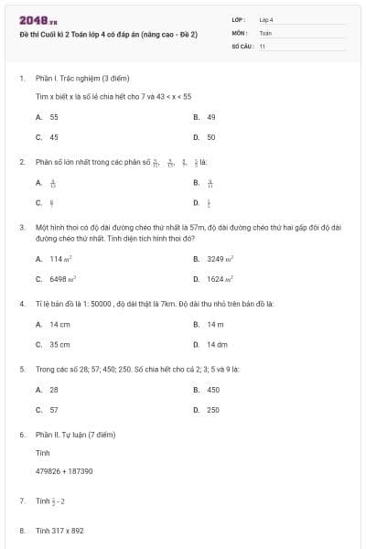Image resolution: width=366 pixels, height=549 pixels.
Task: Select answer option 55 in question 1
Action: click(x=54, y=117)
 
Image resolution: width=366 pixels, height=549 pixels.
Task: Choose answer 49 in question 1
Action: click(x=210, y=117)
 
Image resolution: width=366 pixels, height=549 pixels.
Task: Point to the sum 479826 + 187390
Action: click(x=64, y=471)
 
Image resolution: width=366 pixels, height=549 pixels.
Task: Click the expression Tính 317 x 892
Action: click(x=59, y=531)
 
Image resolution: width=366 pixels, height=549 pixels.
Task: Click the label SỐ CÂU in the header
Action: click(x=242, y=44)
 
